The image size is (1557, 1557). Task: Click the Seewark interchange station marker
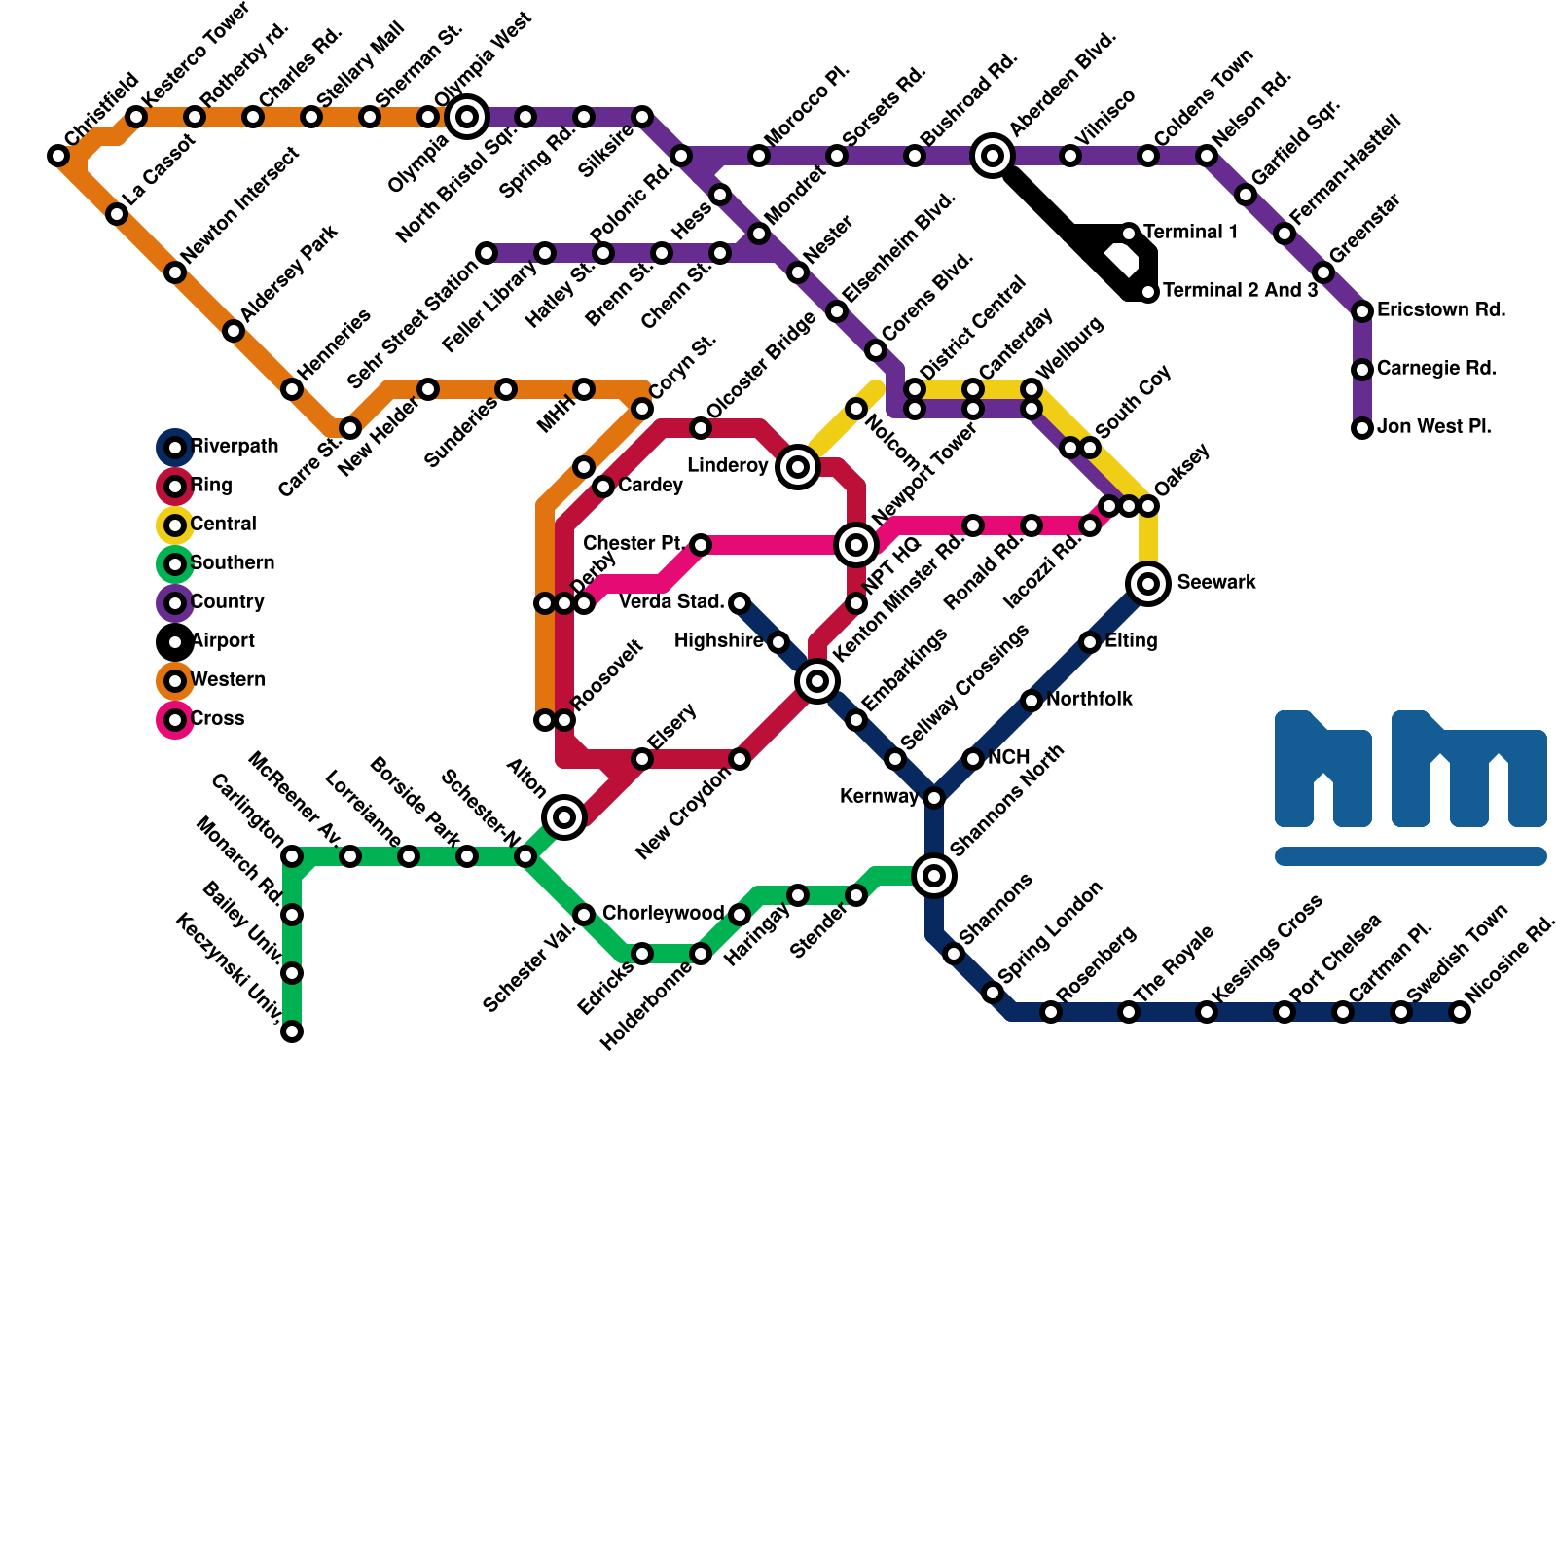pos(1148,584)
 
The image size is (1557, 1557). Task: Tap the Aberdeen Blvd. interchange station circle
pos(993,156)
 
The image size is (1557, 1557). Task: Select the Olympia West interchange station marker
pos(467,117)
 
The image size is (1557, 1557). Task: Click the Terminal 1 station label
pos(1190,233)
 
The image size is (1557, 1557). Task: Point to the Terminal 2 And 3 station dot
pos(1148,292)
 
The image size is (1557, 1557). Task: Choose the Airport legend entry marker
pos(175,642)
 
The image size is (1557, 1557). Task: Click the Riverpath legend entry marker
pos(175,448)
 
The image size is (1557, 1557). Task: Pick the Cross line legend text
pos(217,719)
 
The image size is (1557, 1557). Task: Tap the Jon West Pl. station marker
pos(1362,428)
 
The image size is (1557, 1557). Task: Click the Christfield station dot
pos(58,156)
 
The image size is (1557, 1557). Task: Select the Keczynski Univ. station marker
pos(292,1032)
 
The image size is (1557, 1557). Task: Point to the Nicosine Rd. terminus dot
pos(1460,1012)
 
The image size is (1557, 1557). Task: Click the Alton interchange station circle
pos(564,817)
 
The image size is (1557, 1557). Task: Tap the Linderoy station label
pos(728,466)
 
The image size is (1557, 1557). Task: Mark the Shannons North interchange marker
pos(934,876)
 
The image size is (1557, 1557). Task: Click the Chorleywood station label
pos(663,914)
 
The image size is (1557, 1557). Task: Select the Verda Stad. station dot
pos(740,603)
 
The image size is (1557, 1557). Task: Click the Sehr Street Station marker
pos(487,253)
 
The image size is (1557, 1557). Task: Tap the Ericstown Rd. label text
pos(1441,310)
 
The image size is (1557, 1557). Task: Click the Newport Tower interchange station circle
pos(856,545)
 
